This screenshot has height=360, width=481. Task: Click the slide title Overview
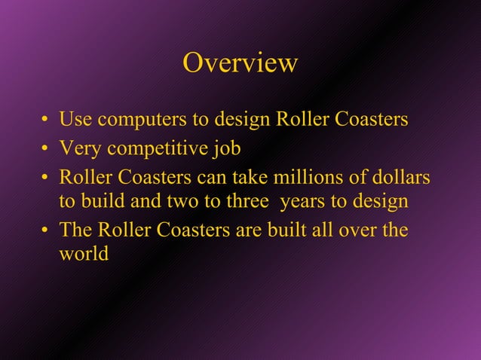(x=240, y=63)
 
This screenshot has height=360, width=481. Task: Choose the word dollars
(x=401, y=177)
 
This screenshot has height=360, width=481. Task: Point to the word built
(x=290, y=230)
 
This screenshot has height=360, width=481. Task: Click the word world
(x=83, y=255)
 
